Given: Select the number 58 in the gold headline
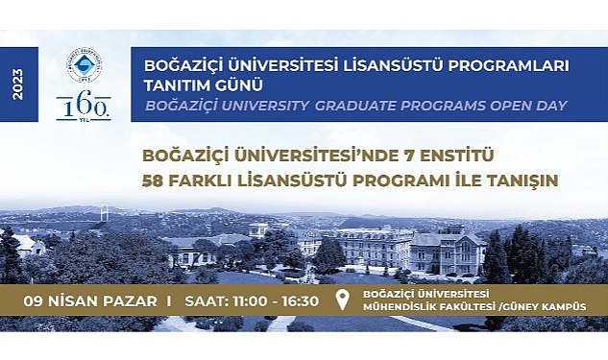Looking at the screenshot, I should [x=152, y=179].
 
